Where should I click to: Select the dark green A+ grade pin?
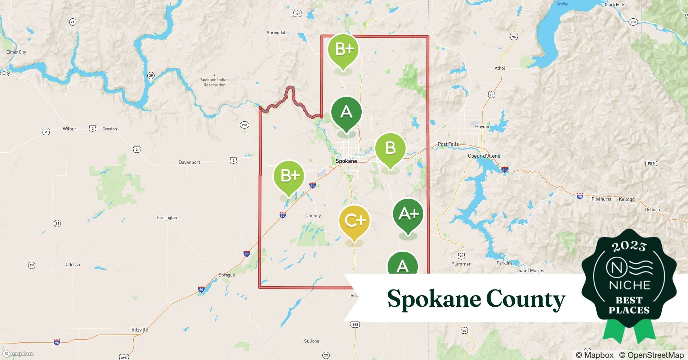[408, 215]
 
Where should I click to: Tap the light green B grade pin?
[390, 148]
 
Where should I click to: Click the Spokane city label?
[346, 161]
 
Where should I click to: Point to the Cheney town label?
[313, 216]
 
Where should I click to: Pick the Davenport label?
[189, 162]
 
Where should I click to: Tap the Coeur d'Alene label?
[484, 156]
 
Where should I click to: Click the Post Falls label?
[448, 144]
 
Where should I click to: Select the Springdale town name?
[277, 33]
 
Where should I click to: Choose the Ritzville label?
[140, 330]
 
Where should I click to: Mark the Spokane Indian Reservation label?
[214, 82]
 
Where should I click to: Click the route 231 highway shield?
[245, 125]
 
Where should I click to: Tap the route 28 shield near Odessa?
[32, 265]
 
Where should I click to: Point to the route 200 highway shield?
[633, 22]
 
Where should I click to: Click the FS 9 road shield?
[651, 163]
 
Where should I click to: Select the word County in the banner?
[526, 299]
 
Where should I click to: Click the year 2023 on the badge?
[629, 246]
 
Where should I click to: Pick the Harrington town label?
[167, 217]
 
